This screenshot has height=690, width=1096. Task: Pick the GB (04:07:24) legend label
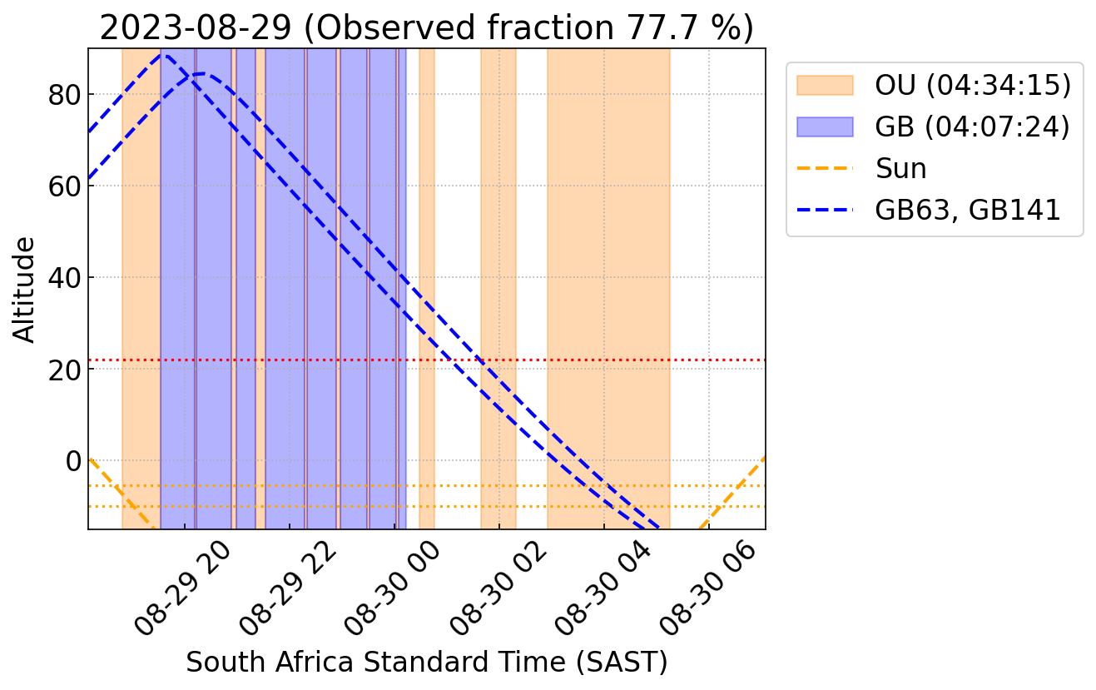coord(972,127)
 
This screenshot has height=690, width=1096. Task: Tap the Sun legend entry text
coord(900,168)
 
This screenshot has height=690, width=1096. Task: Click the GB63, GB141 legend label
coord(967,210)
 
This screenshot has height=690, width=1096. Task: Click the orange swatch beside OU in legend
coord(825,85)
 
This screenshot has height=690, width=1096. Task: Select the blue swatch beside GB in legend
coord(825,127)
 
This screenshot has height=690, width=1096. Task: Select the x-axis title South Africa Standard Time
coord(426,663)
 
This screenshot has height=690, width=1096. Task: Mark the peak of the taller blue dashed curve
coord(165,55)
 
